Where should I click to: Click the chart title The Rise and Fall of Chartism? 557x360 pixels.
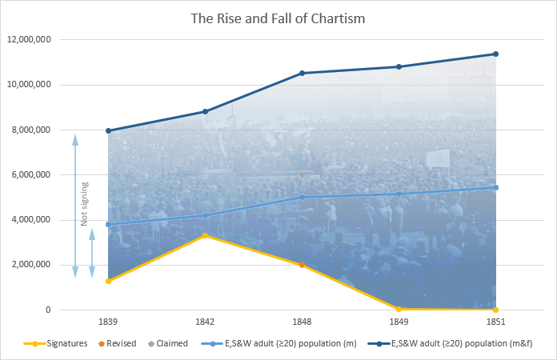coord(278,18)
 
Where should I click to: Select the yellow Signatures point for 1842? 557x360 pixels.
coord(205,235)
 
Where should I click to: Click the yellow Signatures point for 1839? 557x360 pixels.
coord(108,281)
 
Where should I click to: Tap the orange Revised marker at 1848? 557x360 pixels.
coord(302,265)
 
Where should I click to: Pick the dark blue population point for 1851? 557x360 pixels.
coord(496,54)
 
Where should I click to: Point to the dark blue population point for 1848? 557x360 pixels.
coord(302,73)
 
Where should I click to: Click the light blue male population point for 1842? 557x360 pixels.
coord(205,215)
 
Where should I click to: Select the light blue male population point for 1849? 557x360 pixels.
coord(399,194)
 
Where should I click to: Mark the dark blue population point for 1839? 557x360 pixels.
coord(108,130)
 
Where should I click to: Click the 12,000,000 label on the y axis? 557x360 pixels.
coord(30,40)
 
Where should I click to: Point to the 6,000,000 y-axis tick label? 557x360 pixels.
coord(33,175)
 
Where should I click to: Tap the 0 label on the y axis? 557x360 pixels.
coord(48,310)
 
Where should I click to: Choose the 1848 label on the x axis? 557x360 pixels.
coord(302,322)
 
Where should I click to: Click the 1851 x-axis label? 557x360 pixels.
coord(496,322)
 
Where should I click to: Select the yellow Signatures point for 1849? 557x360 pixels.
coord(399,309)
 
